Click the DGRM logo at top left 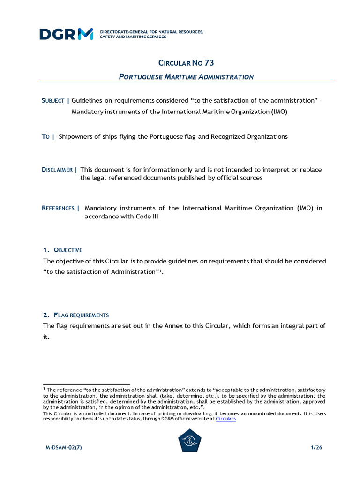coord(67,34)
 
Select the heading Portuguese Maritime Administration coord(186,76)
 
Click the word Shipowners coord(76,136)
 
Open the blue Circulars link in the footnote coord(225,419)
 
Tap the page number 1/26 coord(316,448)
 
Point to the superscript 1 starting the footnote coord(44,389)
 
